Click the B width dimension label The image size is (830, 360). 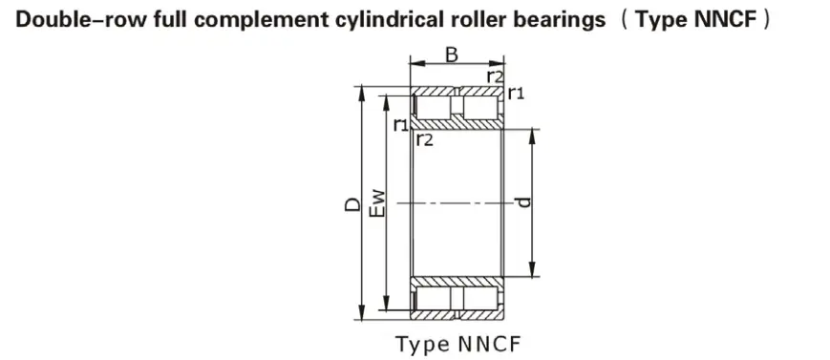click(x=452, y=54)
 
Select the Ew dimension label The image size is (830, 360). click(x=377, y=203)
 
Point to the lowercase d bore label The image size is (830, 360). click(x=523, y=202)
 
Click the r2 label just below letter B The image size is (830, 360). click(x=495, y=76)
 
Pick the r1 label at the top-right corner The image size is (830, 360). click(x=516, y=94)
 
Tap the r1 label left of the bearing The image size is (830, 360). click(x=401, y=125)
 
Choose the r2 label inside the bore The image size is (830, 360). click(x=424, y=139)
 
